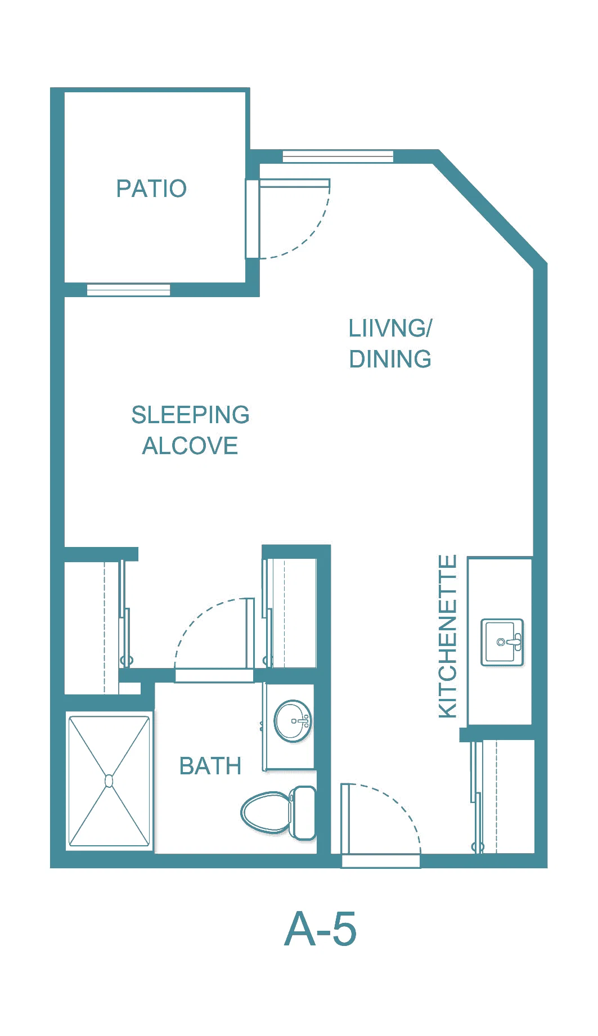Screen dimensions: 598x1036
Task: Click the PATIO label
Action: [x=151, y=189]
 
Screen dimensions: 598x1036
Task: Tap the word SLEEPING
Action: [x=190, y=415]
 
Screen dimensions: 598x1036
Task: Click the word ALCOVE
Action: [x=190, y=446]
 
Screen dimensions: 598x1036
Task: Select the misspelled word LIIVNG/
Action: [x=390, y=329]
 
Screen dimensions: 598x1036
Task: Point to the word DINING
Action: [x=390, y=359]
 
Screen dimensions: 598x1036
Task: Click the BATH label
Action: [x=210, y=766]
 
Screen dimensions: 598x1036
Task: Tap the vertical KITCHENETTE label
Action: [x=448, y=636]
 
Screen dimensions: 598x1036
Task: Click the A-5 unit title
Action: [x=321, y=929]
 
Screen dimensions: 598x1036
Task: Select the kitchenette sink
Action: [x=502, y=642]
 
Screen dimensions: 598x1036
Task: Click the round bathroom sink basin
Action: [x=293, y=721]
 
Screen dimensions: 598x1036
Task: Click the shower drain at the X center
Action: [x=109, y=781]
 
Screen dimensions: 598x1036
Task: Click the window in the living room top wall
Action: [x=338, y=156]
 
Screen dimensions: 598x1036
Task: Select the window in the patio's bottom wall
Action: [x=128, y=290]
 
